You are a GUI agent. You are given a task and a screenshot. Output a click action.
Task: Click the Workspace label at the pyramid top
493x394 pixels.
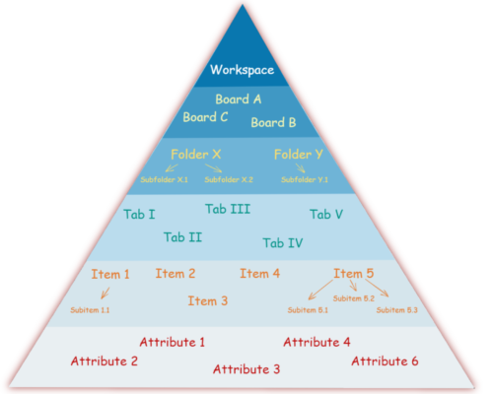click(x=243, y=70)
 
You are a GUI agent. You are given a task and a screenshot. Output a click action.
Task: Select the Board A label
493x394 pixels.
click(x=239, y=99)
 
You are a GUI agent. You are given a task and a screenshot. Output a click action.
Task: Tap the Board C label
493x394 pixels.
click(x=205, y=117)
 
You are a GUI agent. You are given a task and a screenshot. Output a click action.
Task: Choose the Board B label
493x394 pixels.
click(x=273, y=122)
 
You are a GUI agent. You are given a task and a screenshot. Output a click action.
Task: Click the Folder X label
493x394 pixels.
click(x=196, y=155)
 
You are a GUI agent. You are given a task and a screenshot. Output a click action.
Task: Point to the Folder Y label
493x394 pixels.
click(x=299, y=155)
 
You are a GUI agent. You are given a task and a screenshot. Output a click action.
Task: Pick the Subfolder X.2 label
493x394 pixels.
click(x=229, y=179)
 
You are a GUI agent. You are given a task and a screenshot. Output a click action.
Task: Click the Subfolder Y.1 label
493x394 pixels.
click(x=305, y=179)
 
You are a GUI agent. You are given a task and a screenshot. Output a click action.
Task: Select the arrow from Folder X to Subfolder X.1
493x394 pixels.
click(x=172, y=167)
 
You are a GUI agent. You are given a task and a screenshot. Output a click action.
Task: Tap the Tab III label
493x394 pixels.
click(x=228, y=209)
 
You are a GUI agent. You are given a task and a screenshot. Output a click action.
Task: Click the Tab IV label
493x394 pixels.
click(x=283, y=243)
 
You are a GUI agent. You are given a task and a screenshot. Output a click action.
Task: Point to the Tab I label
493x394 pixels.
click(x=139, y=215)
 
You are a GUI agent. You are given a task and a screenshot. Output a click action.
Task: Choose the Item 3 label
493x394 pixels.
click(x=208, y=301)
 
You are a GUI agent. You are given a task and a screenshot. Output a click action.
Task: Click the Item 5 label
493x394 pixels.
click(x=354, y=273)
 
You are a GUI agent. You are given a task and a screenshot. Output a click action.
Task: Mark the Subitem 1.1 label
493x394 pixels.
click(x=90, y=310)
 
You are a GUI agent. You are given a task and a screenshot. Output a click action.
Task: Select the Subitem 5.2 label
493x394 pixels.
click(x=354, y=298)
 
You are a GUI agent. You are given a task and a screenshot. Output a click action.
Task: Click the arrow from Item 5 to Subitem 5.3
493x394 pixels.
click(x=377, y=289)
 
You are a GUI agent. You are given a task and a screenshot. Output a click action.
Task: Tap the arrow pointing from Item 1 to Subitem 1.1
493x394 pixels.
click(x=106, y=293)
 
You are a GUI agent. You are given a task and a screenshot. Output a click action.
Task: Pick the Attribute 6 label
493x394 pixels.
click(x=385, y=361)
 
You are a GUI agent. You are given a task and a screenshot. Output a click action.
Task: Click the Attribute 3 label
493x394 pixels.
click(x=246, y=369)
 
